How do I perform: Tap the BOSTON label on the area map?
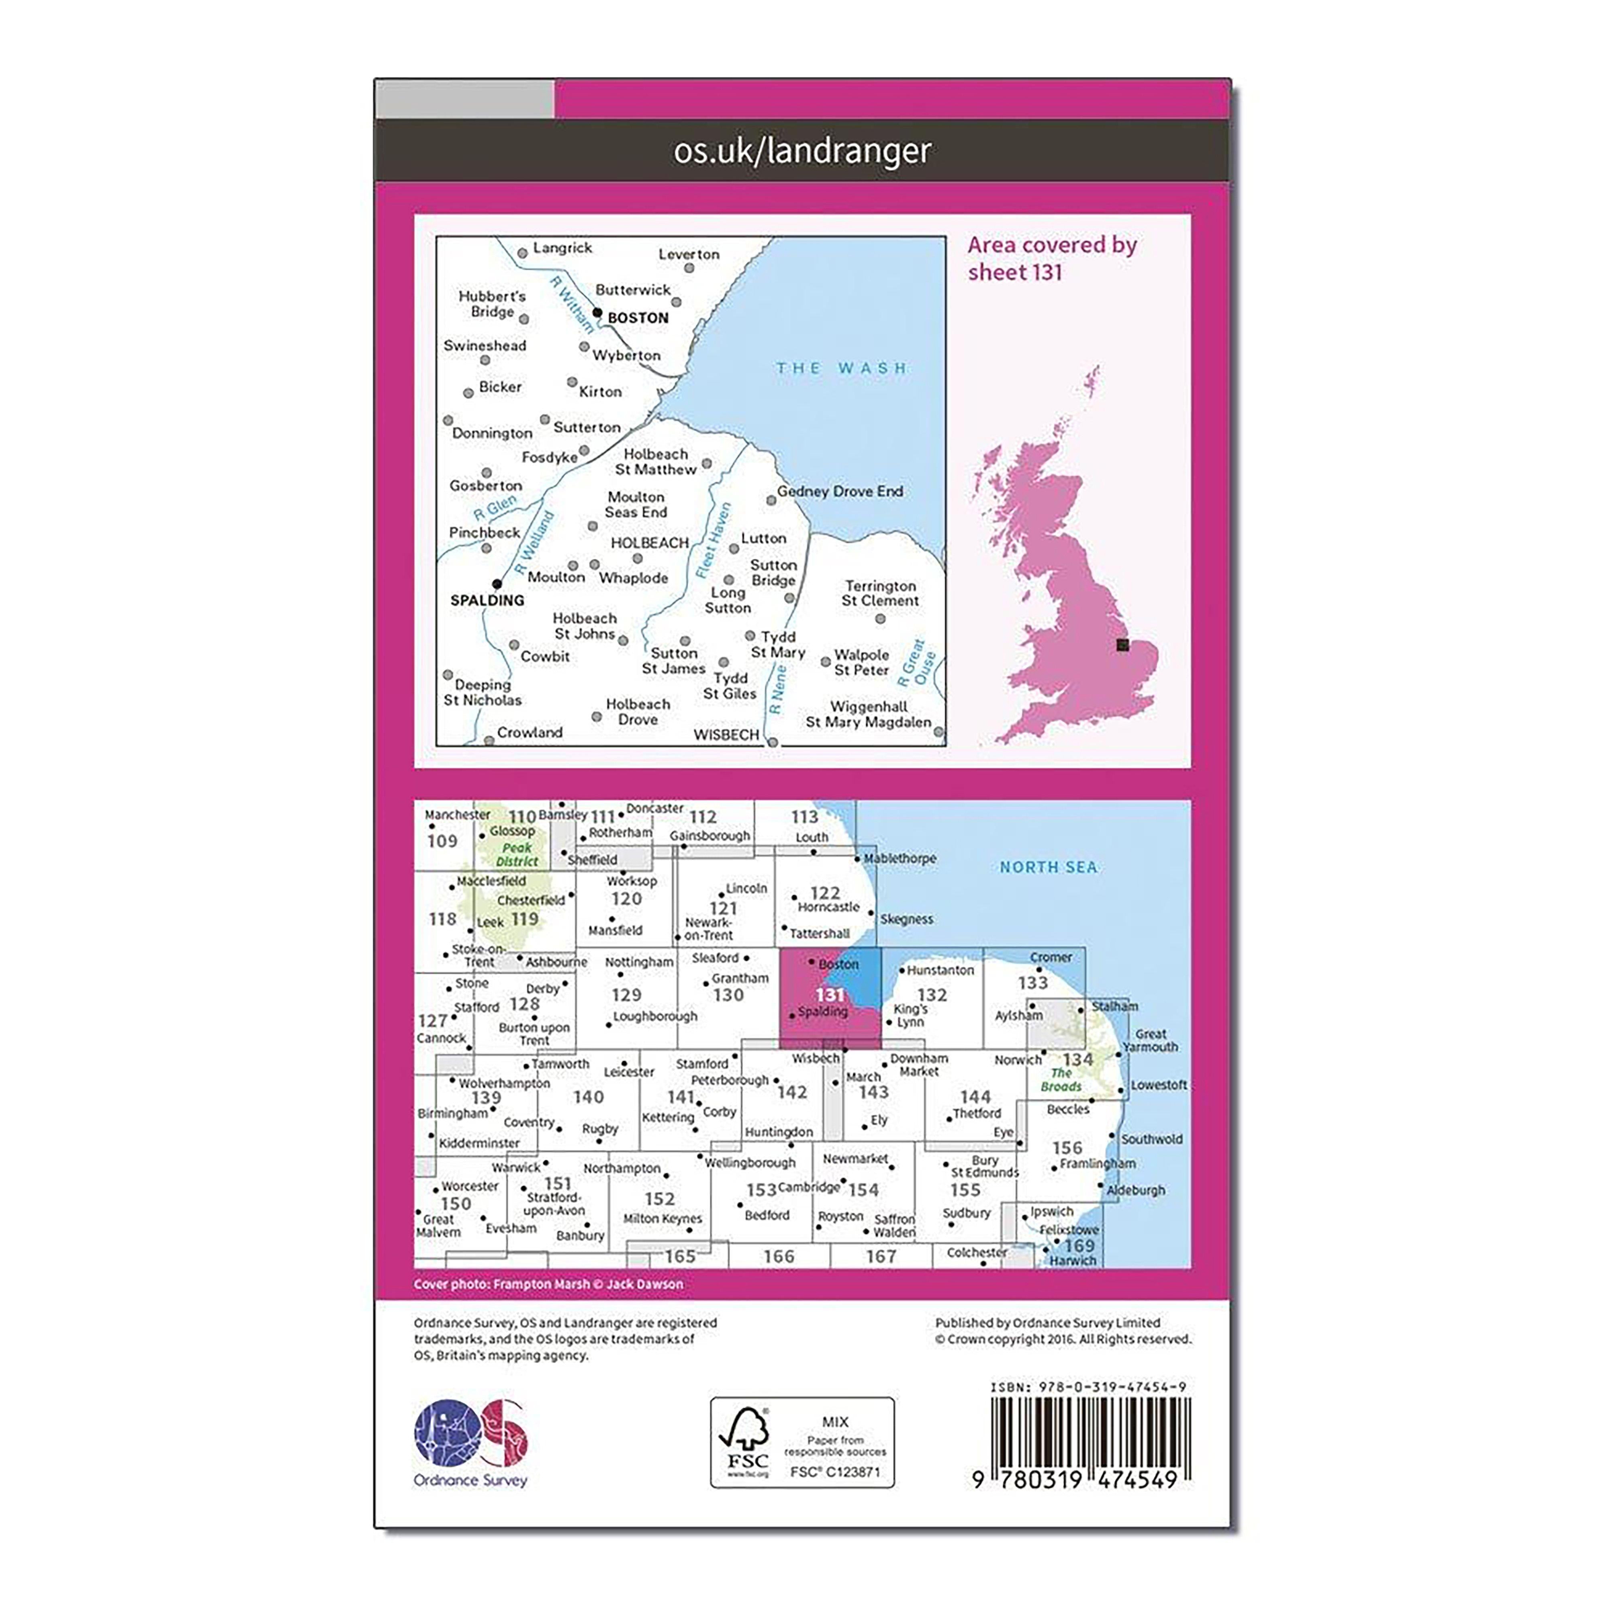coord(638,318)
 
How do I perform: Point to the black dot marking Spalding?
coord(497,584)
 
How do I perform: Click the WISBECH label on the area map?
coord(726,734)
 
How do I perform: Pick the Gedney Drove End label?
coord(840,492)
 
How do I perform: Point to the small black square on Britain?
coord(1122,645)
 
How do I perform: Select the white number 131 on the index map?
coord(829,995)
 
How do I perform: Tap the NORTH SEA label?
coord(1048,867)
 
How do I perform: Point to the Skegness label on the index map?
coord(907,919)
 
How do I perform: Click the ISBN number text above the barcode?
coord(1088,1386)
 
